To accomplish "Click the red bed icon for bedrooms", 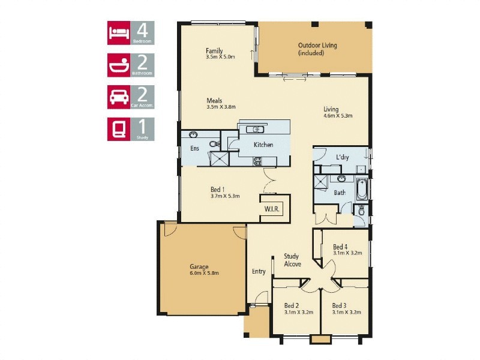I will coord(119,33).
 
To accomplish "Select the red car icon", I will coord(119,97).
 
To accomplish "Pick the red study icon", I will coord(119,128).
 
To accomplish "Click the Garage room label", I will coord(200,266).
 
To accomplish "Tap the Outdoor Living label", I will coord(317,45).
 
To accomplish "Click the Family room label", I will coord(214,51).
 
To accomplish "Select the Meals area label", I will coord(215,101).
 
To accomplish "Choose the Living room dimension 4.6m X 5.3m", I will coord(338,116).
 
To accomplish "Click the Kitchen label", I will coord(263,145).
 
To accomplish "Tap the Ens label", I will coord(194,148).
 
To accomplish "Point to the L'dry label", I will coord(343,157).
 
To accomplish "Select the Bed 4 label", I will coord(340,247).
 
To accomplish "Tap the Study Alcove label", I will coord(292,260).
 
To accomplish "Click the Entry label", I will coord(259,272).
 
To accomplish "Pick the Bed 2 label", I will coord(292,305).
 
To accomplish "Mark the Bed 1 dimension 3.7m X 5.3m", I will coord(225,196).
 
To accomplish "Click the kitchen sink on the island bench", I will coord(256,129).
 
